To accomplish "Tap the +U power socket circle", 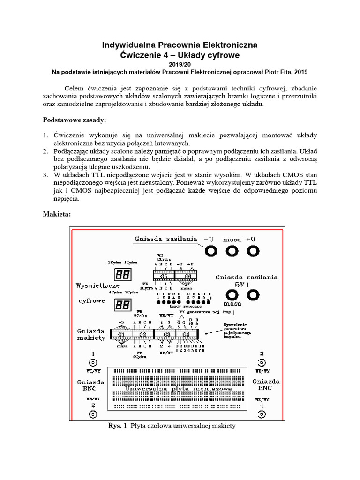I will [254, 251].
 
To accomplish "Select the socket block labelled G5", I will [164, 276].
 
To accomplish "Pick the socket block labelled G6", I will [188, 276].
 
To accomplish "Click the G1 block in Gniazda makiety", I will [121, 334].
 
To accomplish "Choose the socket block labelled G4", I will [186, 334].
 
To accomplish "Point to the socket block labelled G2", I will [143, 334].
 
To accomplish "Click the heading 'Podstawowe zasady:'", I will [75, 120].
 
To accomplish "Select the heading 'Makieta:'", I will [57, 214].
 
